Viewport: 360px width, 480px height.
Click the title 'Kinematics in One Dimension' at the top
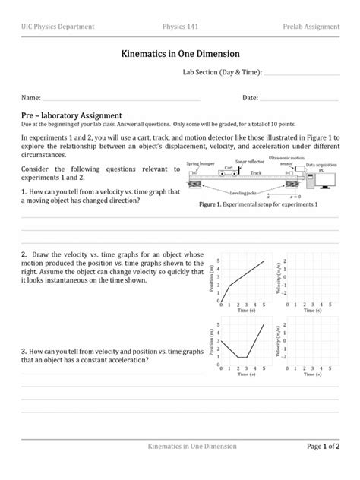(180, 54)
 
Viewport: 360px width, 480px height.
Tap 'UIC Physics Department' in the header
(58, 27)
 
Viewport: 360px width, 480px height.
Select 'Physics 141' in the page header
(181, 27)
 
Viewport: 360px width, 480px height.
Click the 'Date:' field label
(251, 99)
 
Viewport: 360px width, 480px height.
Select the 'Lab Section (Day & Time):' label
(222, 74)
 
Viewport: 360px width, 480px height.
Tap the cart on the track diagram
(229, 172)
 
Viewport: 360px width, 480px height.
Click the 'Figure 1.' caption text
(212, 206)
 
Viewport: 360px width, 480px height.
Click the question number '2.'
(24, 254)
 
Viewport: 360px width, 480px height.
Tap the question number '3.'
(24, 352)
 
